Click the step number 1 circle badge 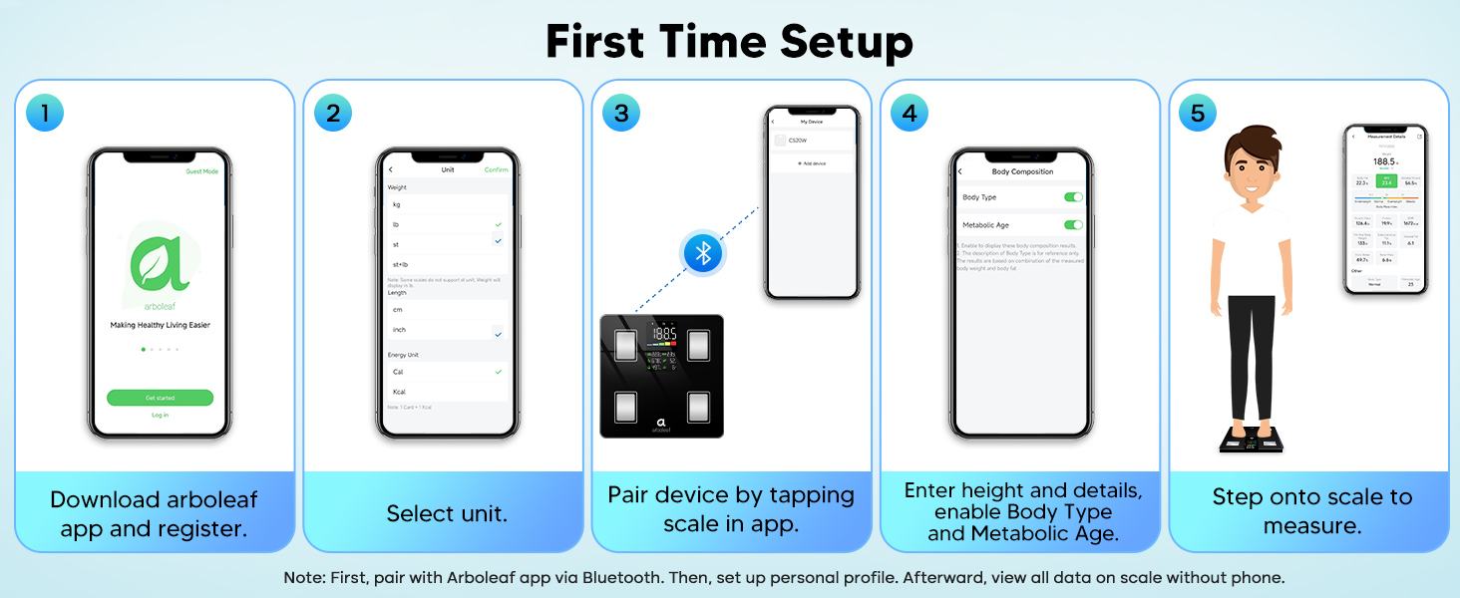[x=45, y=113]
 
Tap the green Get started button [x=160, y=398]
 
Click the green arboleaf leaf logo [x=160, y=262]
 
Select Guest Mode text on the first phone [x=201, y=171]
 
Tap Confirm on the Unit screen [x=496, y=170]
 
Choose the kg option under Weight [x=397, y=204]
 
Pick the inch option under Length [x=400, y=330]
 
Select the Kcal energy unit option [x=399, y=392]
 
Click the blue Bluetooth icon [x=702, y=253]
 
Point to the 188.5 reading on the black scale [x=663, y=334]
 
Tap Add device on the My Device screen [x=813, y=162]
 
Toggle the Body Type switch [x=1073, y=197]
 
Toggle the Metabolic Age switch [x=1073, y=225]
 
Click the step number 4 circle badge [x=910, y=113]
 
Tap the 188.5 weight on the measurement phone [x=1384, y=161]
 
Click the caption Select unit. [x=447, y=514]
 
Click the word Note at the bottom [x=300, y=577]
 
